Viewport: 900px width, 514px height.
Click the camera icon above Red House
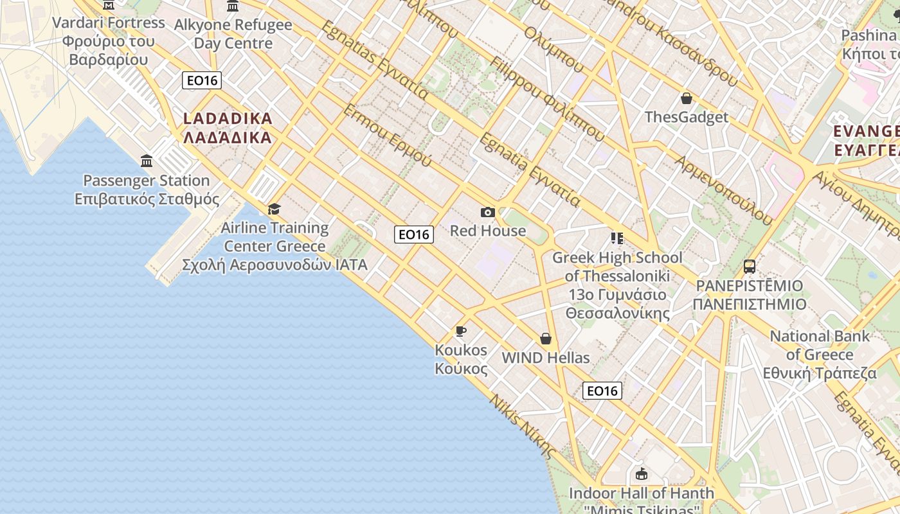[487, 212]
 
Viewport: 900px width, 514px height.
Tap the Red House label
[487, 231]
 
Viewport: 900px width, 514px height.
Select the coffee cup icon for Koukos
[460, 332]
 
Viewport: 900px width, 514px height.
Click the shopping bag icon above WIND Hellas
[546, 339]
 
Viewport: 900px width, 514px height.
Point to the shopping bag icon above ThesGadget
[687, 98]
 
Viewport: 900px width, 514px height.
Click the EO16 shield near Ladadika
[202, 80]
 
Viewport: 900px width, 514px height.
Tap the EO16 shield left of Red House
[413, 235]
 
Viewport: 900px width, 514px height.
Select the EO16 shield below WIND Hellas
[602, 391]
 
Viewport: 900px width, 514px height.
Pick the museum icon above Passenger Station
[147, 161]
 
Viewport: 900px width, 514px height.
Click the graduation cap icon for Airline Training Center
[274, 209]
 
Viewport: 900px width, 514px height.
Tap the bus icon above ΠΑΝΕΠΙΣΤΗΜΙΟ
[749, 266]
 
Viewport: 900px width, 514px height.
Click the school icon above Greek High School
[617, 238]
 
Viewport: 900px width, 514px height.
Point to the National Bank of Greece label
[820, 354]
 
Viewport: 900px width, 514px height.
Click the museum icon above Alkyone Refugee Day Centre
[233, 6]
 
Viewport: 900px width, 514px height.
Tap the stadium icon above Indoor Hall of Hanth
[641, 474]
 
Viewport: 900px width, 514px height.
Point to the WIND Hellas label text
[545, 358]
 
